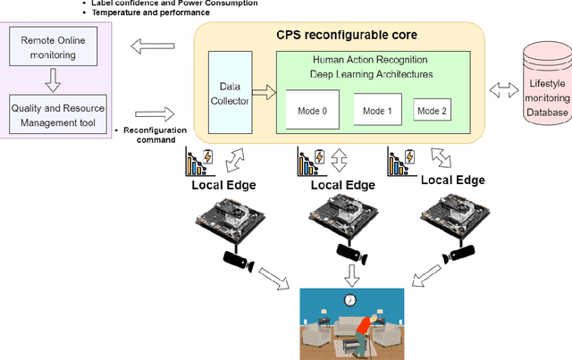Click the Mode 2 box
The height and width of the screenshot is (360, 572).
click(x=433, y=112)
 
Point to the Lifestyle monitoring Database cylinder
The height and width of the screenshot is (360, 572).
click(x=549, y=89)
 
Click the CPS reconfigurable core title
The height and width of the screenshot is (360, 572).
click(x=339, y=35)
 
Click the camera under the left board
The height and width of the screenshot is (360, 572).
click(x=237, y=261)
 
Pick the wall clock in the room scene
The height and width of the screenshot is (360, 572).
click(x=351, y=299)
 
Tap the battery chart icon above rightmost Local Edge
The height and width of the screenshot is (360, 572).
click(x=400, y=162)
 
